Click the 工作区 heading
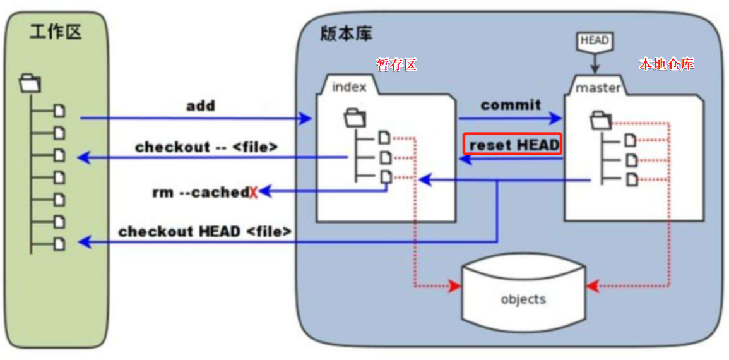coord(56,32)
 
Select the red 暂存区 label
coord(396,64)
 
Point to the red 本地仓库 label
coord(667,64)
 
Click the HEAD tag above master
coord(594,42)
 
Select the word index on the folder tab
coord(349,87)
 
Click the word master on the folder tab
coord(598,88)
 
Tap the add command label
coord(200,105)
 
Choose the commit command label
coord(511,105)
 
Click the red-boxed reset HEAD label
coord(513,145)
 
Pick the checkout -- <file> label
coord(206,147)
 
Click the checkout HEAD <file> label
coord(205,232)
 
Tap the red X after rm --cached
coord(253,193)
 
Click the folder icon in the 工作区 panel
coord(30,82)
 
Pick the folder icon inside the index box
coord(355,117)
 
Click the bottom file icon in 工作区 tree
coord(59,243)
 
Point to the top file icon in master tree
coord(631,140)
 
